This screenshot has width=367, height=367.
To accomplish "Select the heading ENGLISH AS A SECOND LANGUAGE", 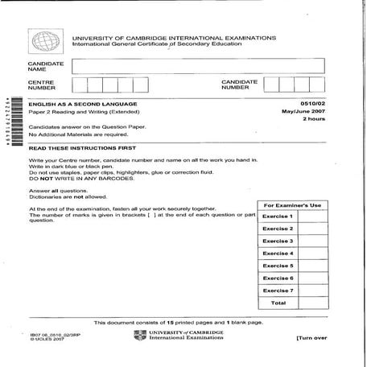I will [83, 104].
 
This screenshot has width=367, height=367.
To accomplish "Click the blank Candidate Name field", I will [197, 65].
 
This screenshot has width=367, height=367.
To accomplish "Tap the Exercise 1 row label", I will [278, 216].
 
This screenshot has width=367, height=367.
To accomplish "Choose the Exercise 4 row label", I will [278, 253].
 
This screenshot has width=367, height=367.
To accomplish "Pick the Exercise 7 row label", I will [278, 290].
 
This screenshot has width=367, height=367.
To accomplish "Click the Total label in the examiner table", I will [278, 303].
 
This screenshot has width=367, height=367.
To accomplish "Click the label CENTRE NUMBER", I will [42, 85].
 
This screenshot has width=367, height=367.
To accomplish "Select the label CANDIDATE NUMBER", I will [239, 85].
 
